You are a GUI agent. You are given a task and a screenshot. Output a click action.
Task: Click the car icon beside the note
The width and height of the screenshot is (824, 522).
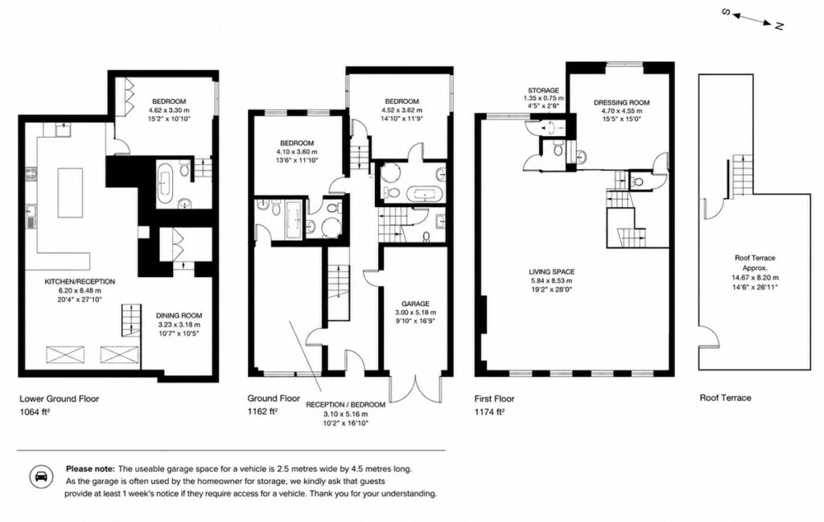coord(40,477)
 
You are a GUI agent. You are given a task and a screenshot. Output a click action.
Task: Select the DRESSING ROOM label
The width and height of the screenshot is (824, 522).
coord(622,102)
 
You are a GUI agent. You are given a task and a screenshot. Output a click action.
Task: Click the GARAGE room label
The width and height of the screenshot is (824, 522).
coord(415,304)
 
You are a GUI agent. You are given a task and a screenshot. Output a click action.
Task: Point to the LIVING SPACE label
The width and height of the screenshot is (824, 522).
coord(551,272)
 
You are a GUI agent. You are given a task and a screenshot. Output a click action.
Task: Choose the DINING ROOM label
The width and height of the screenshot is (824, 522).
coord(179,316)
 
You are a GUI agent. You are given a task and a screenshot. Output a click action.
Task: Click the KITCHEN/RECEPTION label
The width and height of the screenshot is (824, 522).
coord(80,281)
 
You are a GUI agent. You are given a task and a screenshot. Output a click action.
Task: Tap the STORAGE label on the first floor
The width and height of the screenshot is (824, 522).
coord(543,90)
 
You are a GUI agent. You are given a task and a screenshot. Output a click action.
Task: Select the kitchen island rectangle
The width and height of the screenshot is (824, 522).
coord(70,193)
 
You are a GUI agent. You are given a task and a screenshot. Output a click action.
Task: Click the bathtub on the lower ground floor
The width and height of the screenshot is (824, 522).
coord(164,183)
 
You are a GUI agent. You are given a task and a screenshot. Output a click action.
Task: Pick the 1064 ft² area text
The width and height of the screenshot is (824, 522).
coord(35,412)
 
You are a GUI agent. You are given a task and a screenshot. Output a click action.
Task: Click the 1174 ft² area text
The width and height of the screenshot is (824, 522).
coord(490,412)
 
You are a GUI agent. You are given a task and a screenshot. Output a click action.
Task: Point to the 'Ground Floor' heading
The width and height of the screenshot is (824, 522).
coord(274,398)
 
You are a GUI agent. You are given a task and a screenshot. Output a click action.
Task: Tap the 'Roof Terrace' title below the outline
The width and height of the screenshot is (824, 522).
coord(725,398)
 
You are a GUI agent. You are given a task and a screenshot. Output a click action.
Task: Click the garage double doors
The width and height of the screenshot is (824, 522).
coord(415,389)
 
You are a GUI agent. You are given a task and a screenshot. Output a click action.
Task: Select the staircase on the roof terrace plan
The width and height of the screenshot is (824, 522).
coord(739,176)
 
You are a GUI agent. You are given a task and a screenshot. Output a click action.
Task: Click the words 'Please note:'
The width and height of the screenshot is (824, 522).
coord(90,468)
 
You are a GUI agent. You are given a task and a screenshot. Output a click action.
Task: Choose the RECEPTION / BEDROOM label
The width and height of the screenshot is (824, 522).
coord(345,404)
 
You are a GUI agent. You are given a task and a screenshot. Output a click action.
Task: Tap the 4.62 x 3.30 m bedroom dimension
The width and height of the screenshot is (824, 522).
coord(169,110)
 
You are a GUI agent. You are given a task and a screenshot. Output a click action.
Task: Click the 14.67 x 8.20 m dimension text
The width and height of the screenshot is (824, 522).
coord(755,278)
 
